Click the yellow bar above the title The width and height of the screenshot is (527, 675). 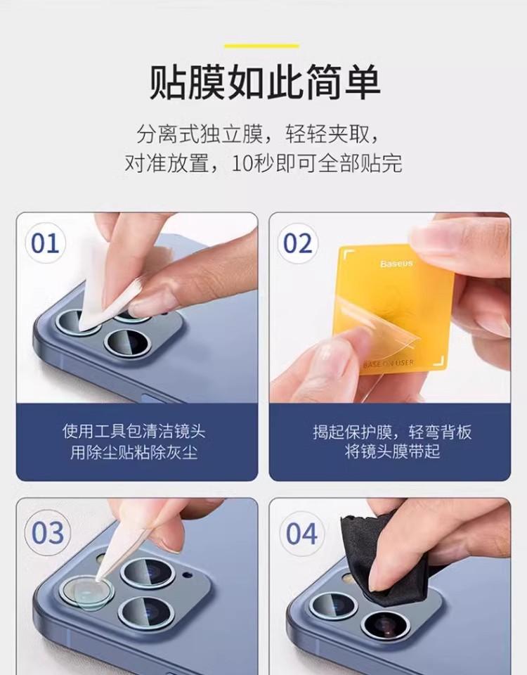coord(261,46)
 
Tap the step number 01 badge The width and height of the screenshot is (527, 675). coord(45,243)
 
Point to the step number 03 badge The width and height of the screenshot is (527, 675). coord(47,533)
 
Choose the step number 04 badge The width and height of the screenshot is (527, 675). coord(302,533)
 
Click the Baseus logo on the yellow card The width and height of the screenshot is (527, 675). coord(396,263)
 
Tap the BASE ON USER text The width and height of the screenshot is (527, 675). coord(389,364)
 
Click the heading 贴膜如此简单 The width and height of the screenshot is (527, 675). coord(264,82)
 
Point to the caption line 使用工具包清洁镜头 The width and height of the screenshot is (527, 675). coord(134,431)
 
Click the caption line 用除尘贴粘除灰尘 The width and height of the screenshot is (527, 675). coord(134,452)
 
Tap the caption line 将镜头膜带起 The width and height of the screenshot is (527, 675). coord(392,451)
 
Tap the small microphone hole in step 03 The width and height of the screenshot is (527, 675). coord(186,574)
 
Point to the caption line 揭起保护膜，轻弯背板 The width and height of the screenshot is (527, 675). coord(392,431)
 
